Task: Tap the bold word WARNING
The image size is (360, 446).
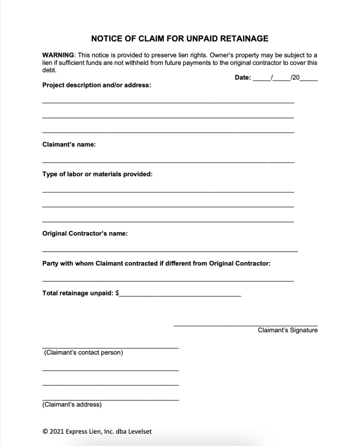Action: pyautogui.click(x=58, y=55)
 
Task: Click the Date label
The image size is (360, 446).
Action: pyautogui.click(x=242, y=78)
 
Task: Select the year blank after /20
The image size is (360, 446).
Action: pyautogui.click(x=309, y=78)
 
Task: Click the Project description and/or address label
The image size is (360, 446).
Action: pyautogui.click(x=96, y=85)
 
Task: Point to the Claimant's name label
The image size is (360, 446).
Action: pyautogui.click(x=68, y=145)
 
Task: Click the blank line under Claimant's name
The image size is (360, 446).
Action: pyautogui.click(x=168, y=162)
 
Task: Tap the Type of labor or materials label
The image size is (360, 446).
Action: pyautogui.click(x=97, y=174)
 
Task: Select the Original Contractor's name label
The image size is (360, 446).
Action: pyautogui.click(x=85, y=234)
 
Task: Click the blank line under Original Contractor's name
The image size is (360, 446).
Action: pyautogui.click(x=170, y=251)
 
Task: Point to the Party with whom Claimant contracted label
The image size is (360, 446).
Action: pyautogui.click(x=156, y=264)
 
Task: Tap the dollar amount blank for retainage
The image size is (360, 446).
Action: pyautogui.click(x=180, y=295)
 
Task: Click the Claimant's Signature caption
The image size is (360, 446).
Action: pyautogui.click(x=287, y=330)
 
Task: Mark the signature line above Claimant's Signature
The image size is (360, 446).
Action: pyautogui.click(x=245, y=325)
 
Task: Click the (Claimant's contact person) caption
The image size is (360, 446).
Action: pyautogui.click(x=83, y=352)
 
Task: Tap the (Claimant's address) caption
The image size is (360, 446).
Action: pyautogui.click(x=72, y=405)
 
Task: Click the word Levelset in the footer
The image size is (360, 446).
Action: pyautogui.click(x=139, y=431)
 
